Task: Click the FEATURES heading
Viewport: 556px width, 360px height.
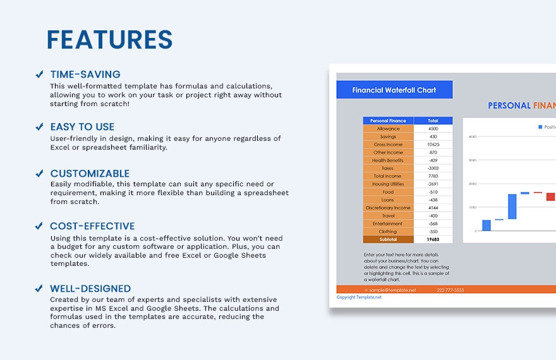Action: pos(109,40)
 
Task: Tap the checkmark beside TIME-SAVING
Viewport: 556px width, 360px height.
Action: pos(39,75)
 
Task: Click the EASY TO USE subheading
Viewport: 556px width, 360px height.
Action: pos(82,127)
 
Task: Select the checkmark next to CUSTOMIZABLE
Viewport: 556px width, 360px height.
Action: pos(39,174)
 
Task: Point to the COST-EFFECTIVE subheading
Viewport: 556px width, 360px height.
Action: pos(92,226)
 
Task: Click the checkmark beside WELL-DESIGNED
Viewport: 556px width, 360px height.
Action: pos(39,289)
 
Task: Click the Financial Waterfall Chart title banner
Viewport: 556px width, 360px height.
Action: pos(394,90)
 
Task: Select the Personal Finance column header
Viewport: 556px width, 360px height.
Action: pos(388,121)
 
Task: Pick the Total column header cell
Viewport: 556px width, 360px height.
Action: pos(433,121)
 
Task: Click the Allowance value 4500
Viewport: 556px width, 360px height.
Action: pos(433,129)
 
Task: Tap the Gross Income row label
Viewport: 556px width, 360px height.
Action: pos(388,145)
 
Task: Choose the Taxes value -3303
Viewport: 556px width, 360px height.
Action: pos(433,168)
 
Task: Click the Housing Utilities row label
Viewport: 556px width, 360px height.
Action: pos(388,184)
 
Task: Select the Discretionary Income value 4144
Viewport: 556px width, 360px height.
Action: pos(433,208)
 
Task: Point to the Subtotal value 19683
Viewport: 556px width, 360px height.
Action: pos(433,239)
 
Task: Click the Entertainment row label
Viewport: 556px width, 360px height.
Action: pos(388,224)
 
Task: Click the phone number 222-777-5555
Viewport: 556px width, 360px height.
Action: pos(450,290)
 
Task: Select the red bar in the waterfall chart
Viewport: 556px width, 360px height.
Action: pos(550,197)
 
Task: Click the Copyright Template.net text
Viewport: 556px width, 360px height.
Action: pos(359,297)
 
